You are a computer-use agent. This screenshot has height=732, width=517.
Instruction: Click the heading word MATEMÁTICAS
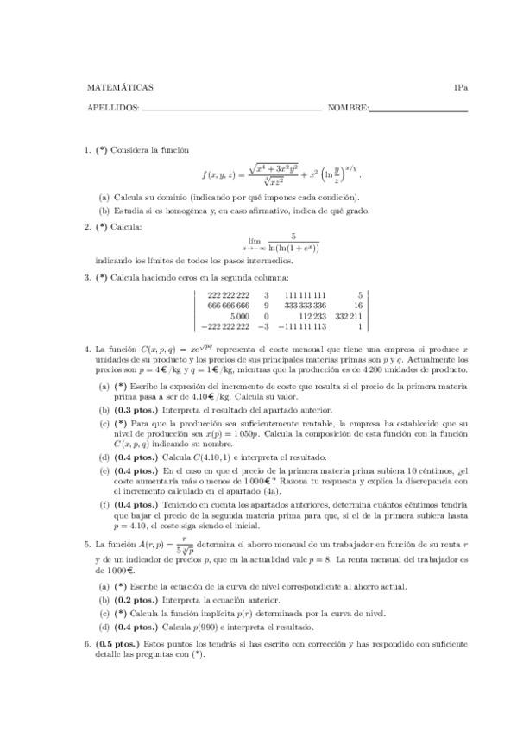(x=120, y=87)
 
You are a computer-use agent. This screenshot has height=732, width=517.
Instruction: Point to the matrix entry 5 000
(x=236, y=316)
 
